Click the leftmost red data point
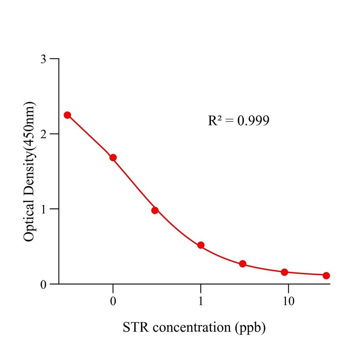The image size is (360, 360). tap(67, 115)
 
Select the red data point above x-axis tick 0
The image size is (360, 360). tap(113, 157)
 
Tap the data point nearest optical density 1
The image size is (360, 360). tap(155, 210)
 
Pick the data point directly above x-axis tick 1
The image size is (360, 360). tap(201, 245)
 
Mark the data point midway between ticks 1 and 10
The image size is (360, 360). tap(243, 264)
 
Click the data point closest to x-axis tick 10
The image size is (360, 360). tap(284, 272)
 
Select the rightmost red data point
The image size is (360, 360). tap(326, 276)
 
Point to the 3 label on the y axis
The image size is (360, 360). tap(43, 59)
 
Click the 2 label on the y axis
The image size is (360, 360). tap(43, 134)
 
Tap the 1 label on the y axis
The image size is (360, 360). tap(43, 209)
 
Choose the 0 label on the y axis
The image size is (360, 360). tap(43, 284)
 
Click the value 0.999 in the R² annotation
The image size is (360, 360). tap(253, 121)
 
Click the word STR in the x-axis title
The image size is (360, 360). tap(136, 328)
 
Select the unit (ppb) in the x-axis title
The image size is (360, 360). tap(250, 328)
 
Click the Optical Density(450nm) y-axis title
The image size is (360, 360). tap(29, 171)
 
